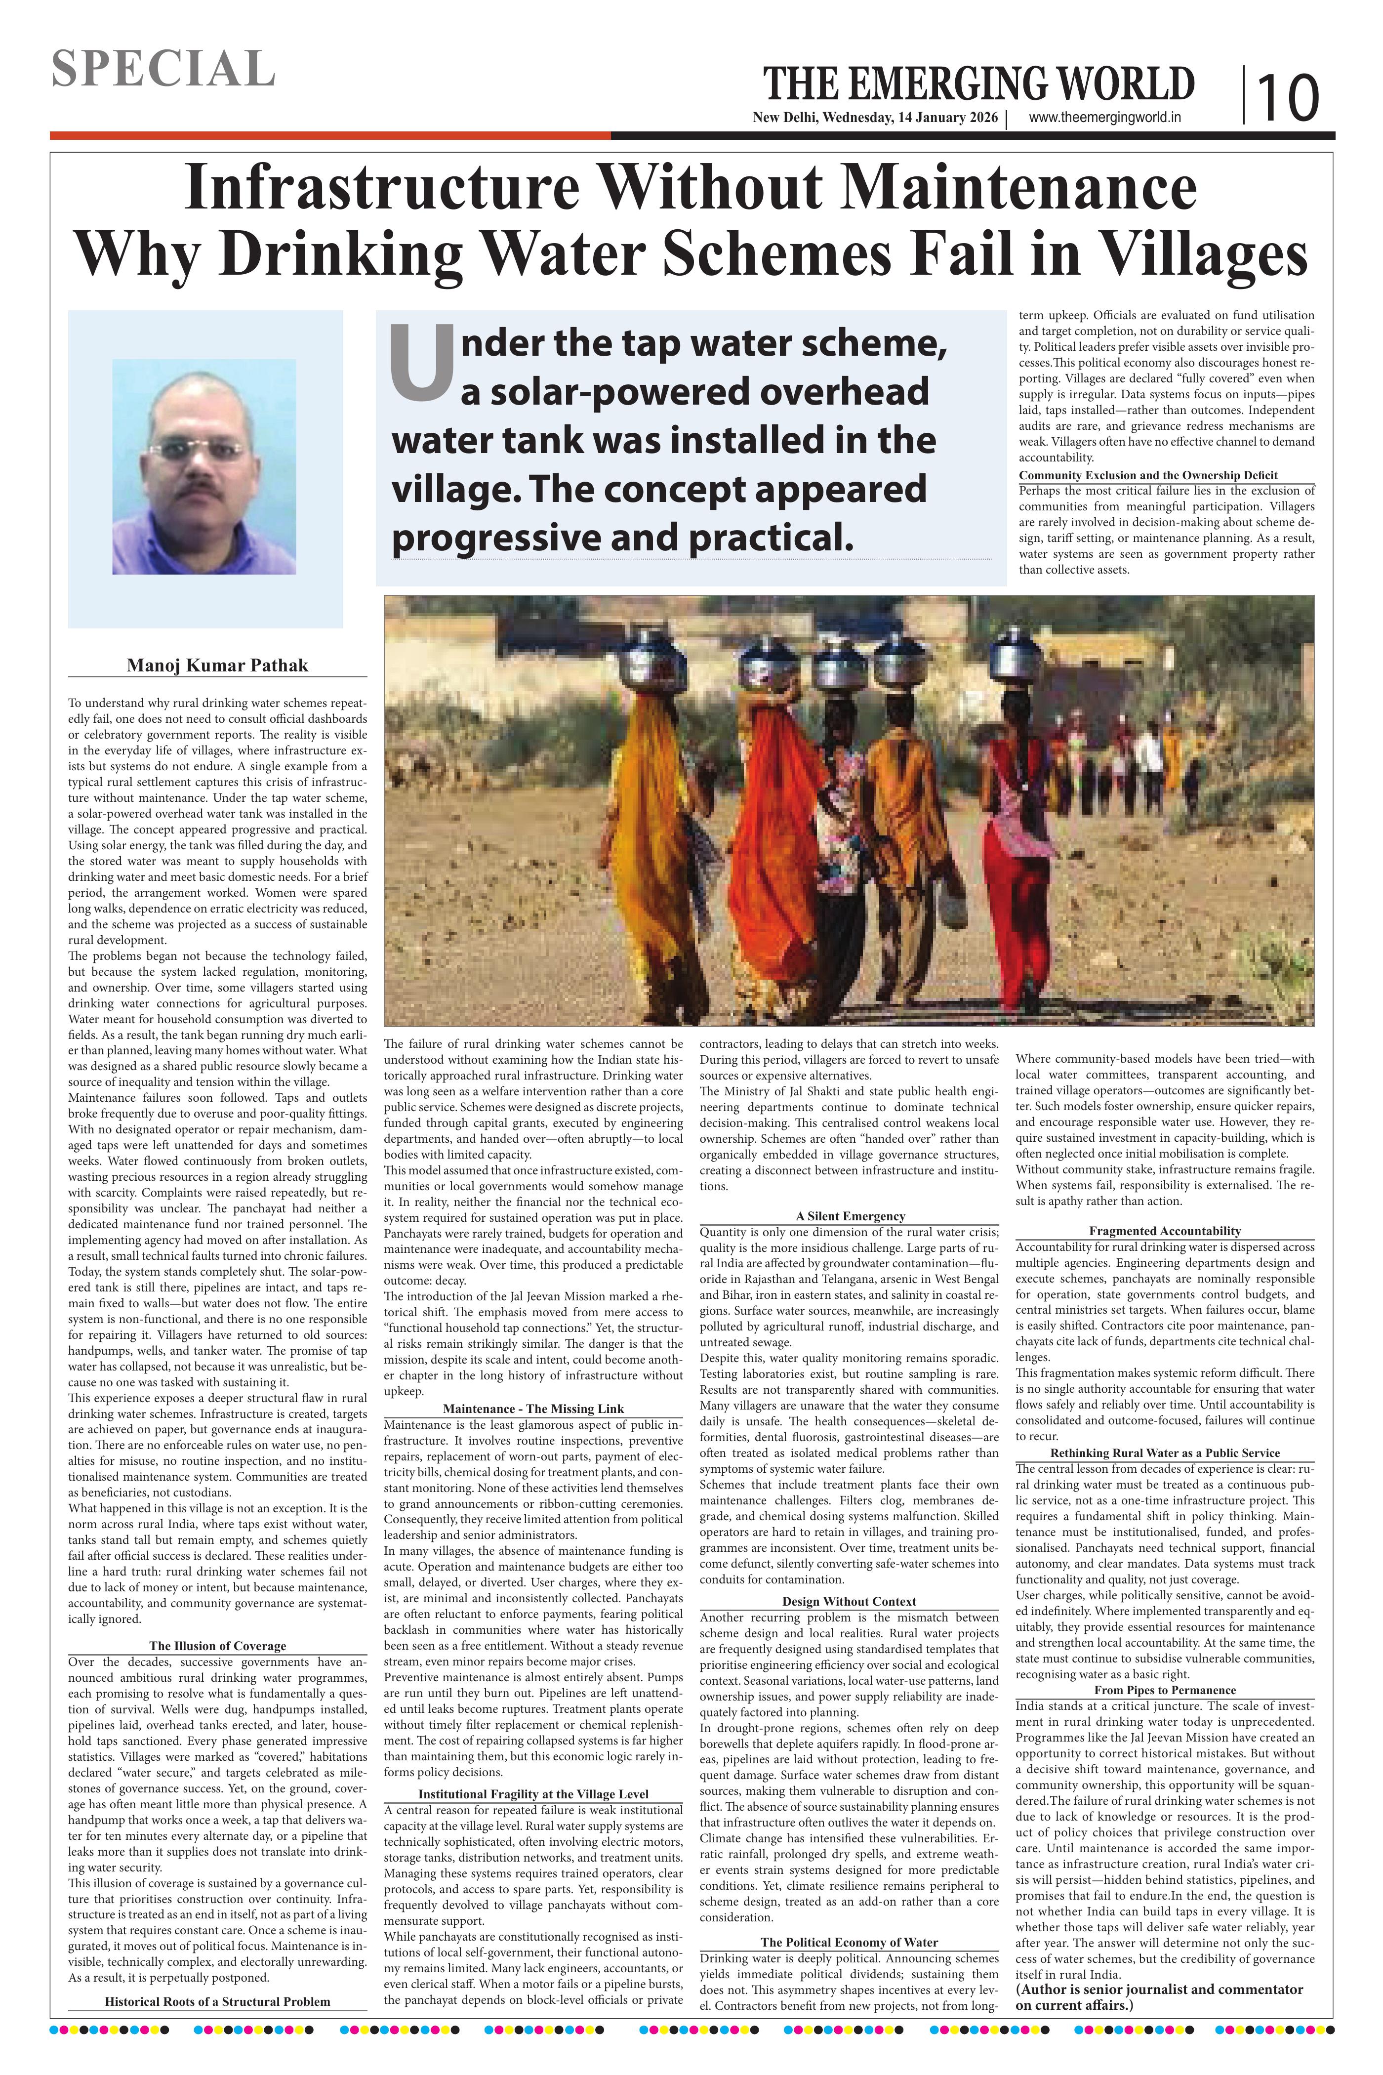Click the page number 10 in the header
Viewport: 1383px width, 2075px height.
1288,97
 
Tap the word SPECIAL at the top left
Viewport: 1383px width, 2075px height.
163,69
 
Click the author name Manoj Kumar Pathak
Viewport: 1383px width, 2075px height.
217,665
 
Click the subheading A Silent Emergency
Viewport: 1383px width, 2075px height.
850,1216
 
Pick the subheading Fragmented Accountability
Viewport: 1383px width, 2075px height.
1164,1231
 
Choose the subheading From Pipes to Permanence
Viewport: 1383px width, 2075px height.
1164,1690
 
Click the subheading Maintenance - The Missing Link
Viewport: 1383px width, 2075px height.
533,1409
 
